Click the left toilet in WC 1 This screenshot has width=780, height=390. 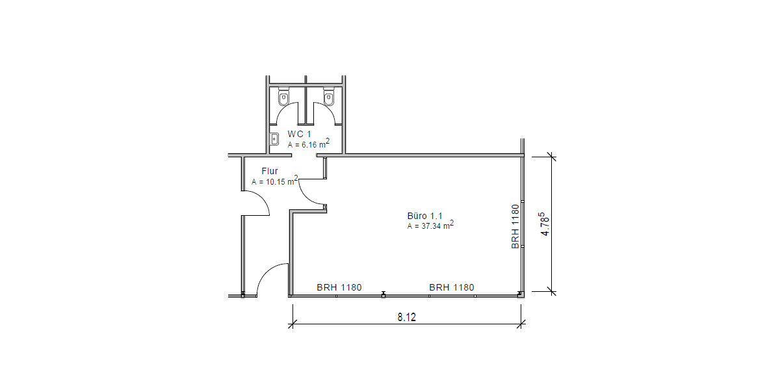tap(283, 99)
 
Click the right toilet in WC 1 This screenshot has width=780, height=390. tap(329, 99)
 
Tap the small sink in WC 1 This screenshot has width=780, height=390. tap(275, 138)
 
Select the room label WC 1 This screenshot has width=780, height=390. tap(300, 133)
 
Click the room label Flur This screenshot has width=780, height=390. tap(269, 171)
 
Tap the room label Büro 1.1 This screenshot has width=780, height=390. tap(424, 214)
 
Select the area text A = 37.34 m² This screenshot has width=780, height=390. tap(430, 226)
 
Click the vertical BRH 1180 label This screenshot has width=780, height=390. tap(515, 226)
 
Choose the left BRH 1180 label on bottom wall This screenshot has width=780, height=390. tap(339, 287)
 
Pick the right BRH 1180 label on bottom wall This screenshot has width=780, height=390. tap(451, 287)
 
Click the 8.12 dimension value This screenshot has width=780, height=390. tap(407, 318)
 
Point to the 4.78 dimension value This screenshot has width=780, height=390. tap(545, 224)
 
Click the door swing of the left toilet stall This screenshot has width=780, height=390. tap(286, 114)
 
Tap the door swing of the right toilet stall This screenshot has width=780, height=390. tap(325, 114)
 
